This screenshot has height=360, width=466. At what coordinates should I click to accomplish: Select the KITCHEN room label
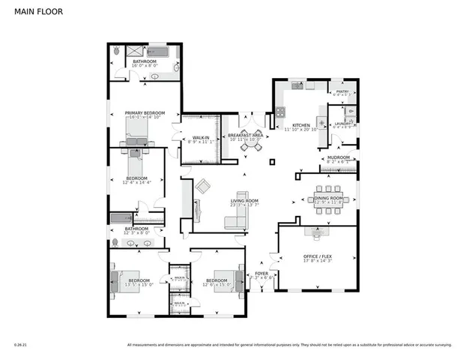(x=301, y=125)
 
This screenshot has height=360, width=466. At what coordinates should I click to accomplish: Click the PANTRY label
(x=343, y=91)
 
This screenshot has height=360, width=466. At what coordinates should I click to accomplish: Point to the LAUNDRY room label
(x=343, y=123)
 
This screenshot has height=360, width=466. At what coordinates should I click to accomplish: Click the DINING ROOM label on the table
(x=328, y=197)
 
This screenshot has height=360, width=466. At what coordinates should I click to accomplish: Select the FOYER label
(x=262, y=274)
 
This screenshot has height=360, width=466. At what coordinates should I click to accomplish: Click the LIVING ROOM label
(x=244, y=201)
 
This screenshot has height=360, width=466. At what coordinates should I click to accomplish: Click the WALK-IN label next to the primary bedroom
(x=200, y=137)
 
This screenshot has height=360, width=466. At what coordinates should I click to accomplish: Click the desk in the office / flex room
(x=318, y=233)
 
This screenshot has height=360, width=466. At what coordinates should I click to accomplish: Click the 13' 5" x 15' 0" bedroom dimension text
(x=139, y=284)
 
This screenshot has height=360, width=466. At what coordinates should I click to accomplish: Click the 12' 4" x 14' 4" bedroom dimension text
(x=136, y=181)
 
